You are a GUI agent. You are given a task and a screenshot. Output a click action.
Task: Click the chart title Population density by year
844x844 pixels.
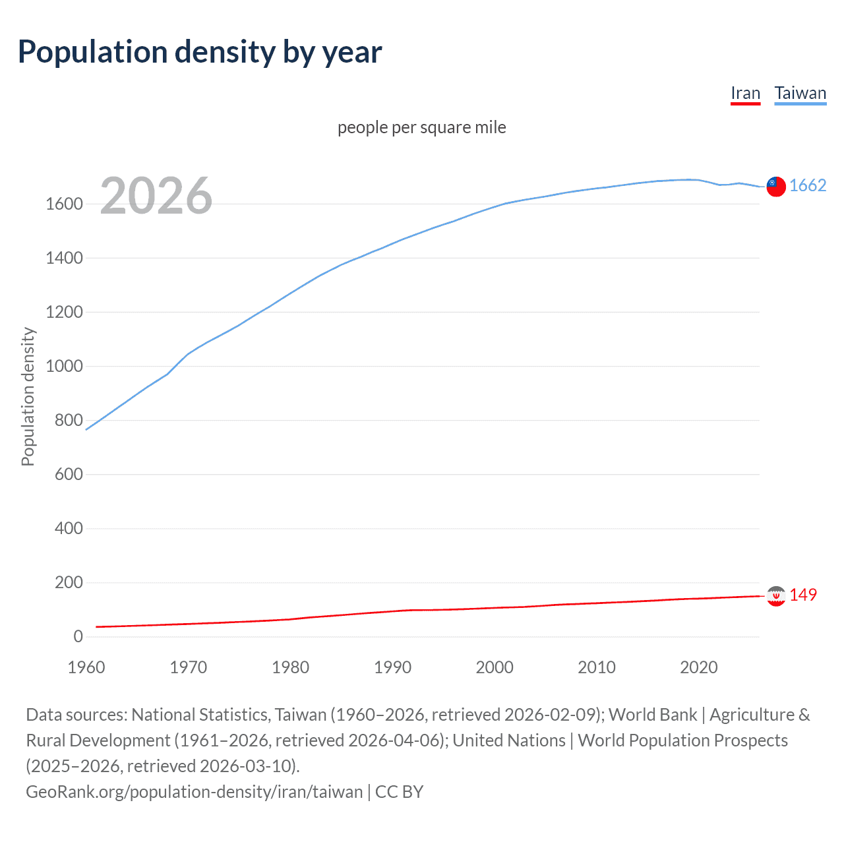tap(200, 52)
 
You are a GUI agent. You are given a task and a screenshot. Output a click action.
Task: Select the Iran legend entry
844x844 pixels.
tap(745, 94)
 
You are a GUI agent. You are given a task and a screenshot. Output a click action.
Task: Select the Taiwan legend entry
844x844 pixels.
tap(800, 94)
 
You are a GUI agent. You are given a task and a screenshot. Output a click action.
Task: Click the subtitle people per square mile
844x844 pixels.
tap(421, 127)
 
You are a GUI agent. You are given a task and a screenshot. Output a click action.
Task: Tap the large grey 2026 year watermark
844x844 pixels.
tap(156, 196)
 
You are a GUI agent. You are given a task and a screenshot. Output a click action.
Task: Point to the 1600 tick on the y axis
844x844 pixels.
tap(64, 204)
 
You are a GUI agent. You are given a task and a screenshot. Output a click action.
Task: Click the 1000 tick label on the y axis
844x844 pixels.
tap(64, 367)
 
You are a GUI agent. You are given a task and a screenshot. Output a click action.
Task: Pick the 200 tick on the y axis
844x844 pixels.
tap(69, 583)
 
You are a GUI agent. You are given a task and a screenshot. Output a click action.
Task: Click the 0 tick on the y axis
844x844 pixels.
tap(78, 637)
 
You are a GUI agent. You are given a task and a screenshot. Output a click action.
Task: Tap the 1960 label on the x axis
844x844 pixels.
tap(86, 667)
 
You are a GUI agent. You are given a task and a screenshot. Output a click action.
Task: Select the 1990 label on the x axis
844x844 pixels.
tap(392, 667)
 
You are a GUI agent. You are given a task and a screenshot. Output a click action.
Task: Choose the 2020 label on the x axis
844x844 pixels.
tap(698, 667)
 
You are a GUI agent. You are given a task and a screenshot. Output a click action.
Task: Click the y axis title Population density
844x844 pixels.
tap(28, 397)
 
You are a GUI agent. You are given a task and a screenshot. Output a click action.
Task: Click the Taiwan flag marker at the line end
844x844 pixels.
tap(776, 187)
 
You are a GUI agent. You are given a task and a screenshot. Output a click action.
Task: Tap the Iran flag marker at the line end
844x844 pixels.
tap(776, 596)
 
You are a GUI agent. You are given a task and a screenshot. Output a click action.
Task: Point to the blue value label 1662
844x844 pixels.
tap(807, 186)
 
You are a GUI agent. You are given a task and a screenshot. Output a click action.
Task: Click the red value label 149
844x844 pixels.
tap(802, 595)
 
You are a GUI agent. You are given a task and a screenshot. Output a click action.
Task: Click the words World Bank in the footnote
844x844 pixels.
tap(652, 715)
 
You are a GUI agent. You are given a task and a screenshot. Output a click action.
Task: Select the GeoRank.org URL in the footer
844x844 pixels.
tap(194, 792)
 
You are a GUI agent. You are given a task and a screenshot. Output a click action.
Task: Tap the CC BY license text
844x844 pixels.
tap(399, 792)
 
